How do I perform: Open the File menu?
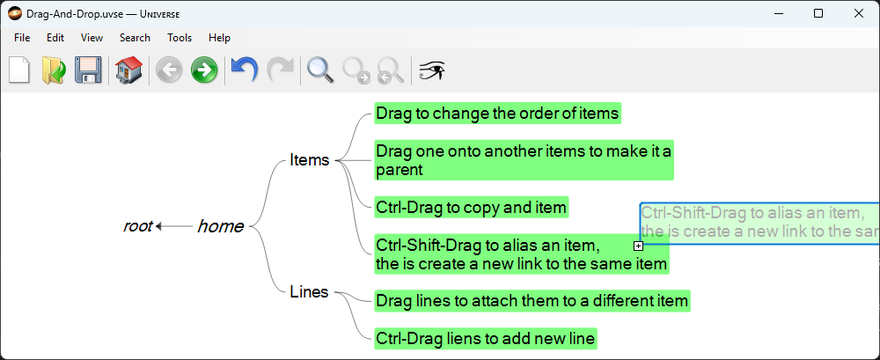click(22, 38)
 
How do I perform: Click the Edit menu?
click(55, 38)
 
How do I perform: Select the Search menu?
click(135, 38)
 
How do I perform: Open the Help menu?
click(219, 38)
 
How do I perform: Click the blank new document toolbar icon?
click(19, 70)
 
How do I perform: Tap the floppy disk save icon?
click(88, 70)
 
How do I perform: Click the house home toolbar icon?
click(128, 70)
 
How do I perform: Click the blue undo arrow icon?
click(244, 70)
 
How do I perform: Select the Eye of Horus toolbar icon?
click(432, 70)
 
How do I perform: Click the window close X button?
click(858, 13)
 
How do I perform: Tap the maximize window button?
click(818, 13)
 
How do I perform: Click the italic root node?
click(137, 226)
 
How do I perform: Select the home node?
click(221, 226)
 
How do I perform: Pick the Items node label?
click(309, 160)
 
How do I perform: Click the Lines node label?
click(309, 292)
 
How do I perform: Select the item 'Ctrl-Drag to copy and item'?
click(472, 208)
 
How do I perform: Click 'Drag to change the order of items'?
click(498, 114)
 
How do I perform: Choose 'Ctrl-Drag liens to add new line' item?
click(486, 339)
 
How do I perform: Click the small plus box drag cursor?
click(638, 246)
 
